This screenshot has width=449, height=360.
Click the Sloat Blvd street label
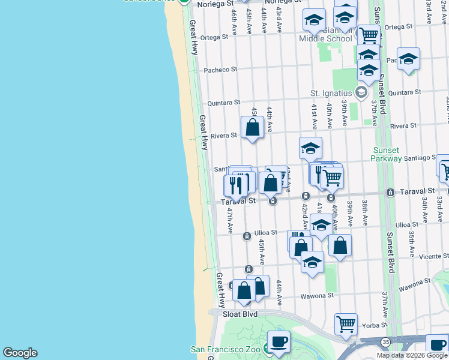240,314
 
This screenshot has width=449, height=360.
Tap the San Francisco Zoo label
226,349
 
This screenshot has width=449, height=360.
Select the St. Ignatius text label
331,93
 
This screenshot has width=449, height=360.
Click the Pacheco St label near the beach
220,70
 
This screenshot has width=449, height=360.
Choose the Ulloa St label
265,233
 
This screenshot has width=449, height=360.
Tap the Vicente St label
434,256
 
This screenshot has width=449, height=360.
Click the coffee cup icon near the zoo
279,342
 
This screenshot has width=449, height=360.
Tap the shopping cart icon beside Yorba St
346,324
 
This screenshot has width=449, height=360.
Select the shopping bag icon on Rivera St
252,127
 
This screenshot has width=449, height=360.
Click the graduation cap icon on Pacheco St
408,59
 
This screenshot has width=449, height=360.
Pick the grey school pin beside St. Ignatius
361,92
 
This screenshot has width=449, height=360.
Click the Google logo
20,353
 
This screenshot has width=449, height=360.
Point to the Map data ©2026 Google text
412,355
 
